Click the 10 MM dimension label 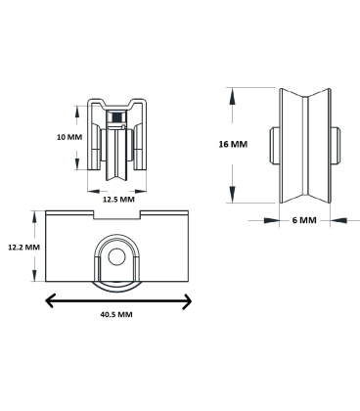click(x=69, y=137)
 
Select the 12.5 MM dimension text click(x=118, y=199)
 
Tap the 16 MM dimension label click(x=233, y=144)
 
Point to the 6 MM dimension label click(x=304, y=220)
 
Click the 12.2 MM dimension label click(x=23, y=247)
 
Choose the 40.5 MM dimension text click(x=116, y=314)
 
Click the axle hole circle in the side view click(x=116, y=257)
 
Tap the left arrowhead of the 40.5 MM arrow click(x=50, y=300)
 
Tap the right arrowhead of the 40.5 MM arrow click(x=187, y=301)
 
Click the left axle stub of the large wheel click(x=274, y=145)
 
